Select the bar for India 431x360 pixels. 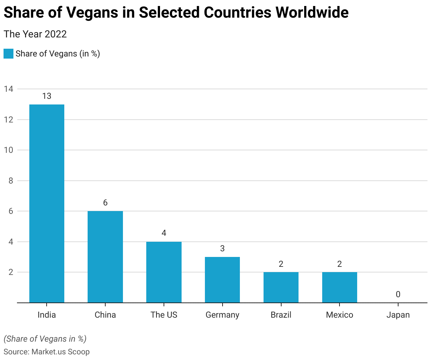tap(47, 203)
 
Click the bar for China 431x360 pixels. tap(105, 257)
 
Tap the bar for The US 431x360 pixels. tap(164, 272)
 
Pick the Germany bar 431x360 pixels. tap(222, 280)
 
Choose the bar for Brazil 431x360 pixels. tap(281, 287)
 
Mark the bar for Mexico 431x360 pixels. tap(340, 287)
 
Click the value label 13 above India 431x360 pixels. tap(47, 96)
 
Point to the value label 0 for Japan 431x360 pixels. tap(398, 294)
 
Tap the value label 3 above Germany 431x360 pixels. tap(222, 248)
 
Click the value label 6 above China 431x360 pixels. tap(105, 203)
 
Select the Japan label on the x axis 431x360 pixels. tap(398, 315)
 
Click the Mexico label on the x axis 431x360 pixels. tap(340, 315)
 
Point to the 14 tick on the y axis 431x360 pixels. tap(8, 89)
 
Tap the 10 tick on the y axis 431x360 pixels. tap(8, 150)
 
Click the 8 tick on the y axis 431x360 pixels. tap(11, 181)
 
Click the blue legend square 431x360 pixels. tap(8, 54)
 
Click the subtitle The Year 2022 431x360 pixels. tap(35, 34)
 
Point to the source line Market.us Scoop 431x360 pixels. tap(47, 352)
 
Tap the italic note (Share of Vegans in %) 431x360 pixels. tap(45, 339)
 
